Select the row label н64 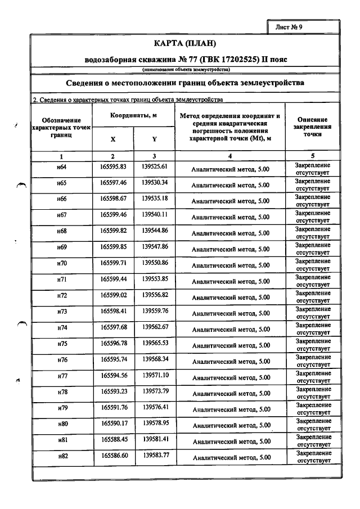pyautogui.click(x=62, y=167)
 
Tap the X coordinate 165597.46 pyautogui.click(x=113, y=183)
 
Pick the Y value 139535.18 pyautogui.click(x=155, y=199)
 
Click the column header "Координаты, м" pyautogui.click(x=134, y=115)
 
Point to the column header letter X pyautogui.click(x=113, y=139)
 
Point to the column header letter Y pyautogui.click(x=155, y=139)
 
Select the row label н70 pyautogui.click(x=62, y=263)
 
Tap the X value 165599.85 pyautogui.click(x=113, y=247)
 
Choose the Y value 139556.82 pyautogui.click(x=155, y=295)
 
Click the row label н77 pyautogui.click(x=62, y=376)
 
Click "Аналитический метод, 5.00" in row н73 pyautogui.click(x=231, y=313)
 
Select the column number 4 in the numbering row pyautogui.click(x=230, y=156)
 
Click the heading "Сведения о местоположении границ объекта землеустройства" pyautogui.click(x=185, y=83)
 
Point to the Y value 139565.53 pyautogui.click(x=155, y=343)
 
